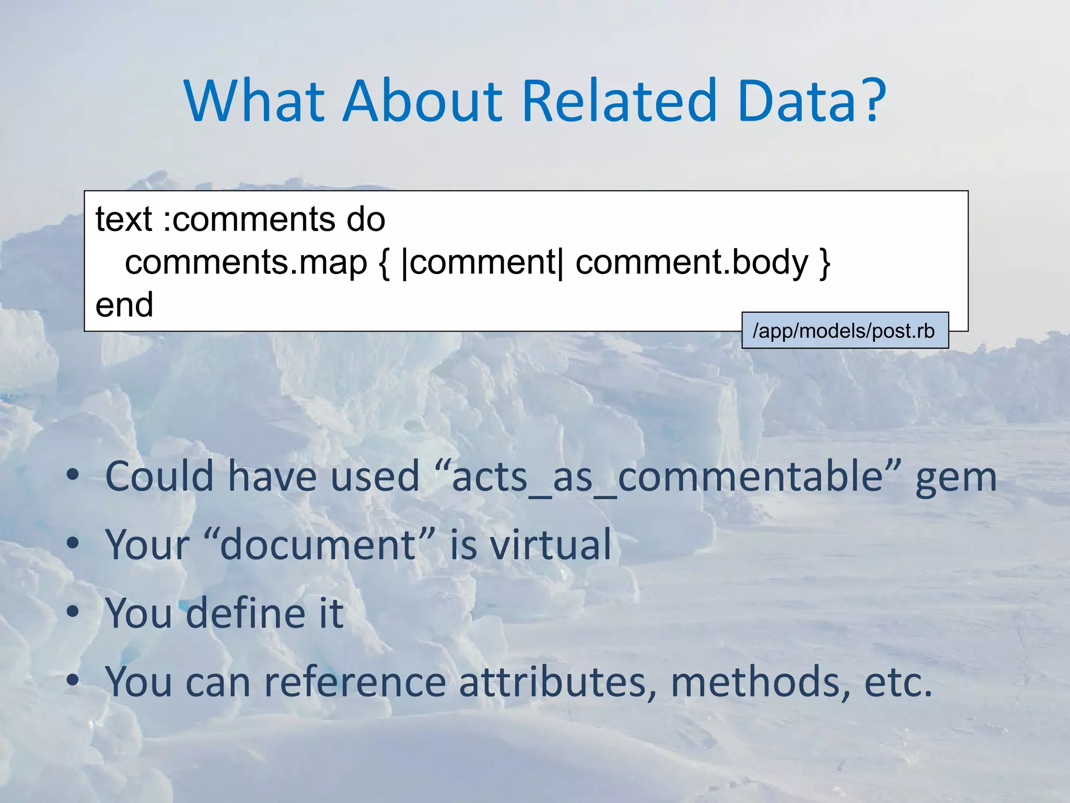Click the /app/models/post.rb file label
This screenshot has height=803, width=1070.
[x=844, y=331]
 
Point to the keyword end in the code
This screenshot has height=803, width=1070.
[x=124, y=305]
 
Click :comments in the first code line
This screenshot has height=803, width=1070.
[x=248, y=219]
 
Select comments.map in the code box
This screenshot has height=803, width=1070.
[x=246, y=262]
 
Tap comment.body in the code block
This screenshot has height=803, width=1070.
[x=692, y=262]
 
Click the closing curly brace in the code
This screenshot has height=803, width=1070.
[x=825, y=263]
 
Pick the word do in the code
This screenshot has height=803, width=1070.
[x=366, y=219]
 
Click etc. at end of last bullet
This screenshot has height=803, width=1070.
[x=898, y=682]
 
